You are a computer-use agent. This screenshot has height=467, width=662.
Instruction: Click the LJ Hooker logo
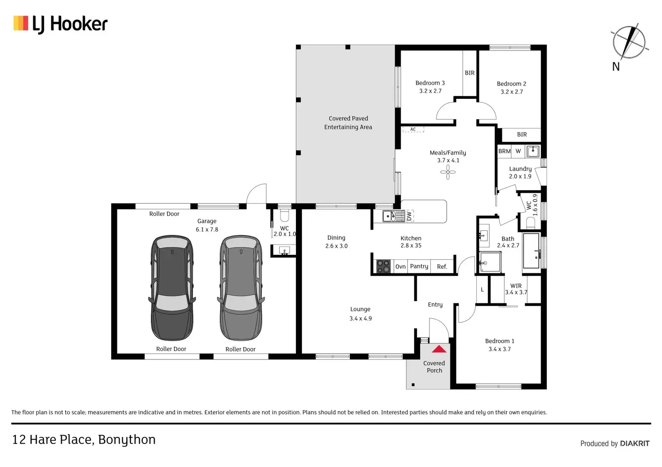pos(60,24)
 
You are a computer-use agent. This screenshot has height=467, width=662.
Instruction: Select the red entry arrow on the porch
pos(439,349)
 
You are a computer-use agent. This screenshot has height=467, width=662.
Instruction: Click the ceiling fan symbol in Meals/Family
pos(448,172)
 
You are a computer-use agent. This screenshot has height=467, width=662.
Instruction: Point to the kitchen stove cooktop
pos(383,267)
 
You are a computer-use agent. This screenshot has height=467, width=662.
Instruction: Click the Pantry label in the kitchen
pos(419,267)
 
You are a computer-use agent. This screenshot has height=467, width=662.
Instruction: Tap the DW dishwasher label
pos(409,216)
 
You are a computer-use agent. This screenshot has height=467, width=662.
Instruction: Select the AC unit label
pos(413,129)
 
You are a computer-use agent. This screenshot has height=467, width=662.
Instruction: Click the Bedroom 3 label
pos(430,83)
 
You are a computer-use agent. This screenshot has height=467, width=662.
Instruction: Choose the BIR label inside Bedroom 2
pos(522,134)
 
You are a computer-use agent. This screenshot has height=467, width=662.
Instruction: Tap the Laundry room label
pos(520,169)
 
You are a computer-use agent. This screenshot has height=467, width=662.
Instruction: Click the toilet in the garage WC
pos(284,215)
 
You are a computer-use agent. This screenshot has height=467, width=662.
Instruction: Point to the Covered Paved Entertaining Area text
pos(348,123)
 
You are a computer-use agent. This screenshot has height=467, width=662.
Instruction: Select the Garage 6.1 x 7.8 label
pos(207,225)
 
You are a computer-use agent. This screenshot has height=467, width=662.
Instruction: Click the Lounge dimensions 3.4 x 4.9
pos(361,318)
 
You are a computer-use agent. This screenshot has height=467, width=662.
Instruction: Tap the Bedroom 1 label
pos(500,341)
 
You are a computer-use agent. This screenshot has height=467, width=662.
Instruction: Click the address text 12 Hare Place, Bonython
pos(84,440)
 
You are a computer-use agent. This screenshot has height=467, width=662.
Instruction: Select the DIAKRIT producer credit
pos(635,443)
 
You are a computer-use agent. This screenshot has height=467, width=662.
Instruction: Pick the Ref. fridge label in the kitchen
pos(442,267)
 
